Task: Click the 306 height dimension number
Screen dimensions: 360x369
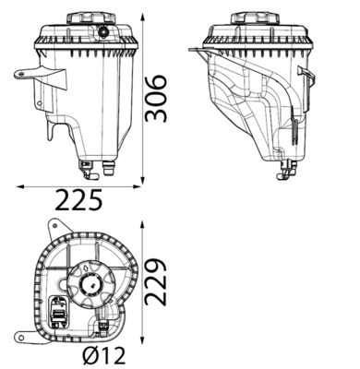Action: [x=157, y=98]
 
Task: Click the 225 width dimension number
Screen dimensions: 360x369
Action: [x=79, y=199]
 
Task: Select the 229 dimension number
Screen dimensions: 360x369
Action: [x=155, y=282]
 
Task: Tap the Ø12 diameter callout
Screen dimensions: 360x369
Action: [x=104, y=356]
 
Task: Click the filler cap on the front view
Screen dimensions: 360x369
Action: [x=91, y=18]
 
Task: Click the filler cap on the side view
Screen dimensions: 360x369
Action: [x=255, y=18]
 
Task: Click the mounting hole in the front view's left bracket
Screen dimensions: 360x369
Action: [x=20, y=74]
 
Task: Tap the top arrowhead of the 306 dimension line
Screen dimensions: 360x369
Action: [x=142, y=16]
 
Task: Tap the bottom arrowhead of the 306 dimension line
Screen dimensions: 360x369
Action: [x=142, y=181]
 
